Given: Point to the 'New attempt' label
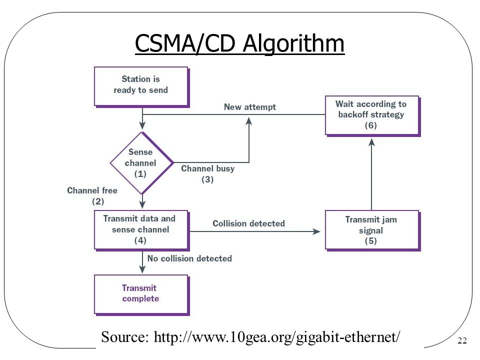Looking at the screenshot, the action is [250, 107].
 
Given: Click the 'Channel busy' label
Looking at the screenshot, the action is [208, 168].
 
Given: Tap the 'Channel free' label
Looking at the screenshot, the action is [92, 190].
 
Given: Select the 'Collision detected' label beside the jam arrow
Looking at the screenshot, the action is [248, 223].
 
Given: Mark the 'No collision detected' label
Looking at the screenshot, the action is [189, 258].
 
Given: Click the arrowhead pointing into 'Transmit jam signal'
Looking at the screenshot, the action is [316, 231].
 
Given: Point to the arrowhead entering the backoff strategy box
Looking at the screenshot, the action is [371, 142].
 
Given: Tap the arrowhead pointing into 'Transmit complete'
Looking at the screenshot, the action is [142, 269].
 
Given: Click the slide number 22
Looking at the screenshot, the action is [462, 340].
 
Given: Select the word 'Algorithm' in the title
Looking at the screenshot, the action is [293, 43].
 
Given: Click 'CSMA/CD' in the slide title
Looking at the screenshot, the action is [185, 43].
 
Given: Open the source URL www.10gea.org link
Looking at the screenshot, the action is [276, 337].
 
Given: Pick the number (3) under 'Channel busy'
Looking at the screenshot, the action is [207, 179].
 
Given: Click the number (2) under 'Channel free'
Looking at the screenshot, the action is [98, 201].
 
